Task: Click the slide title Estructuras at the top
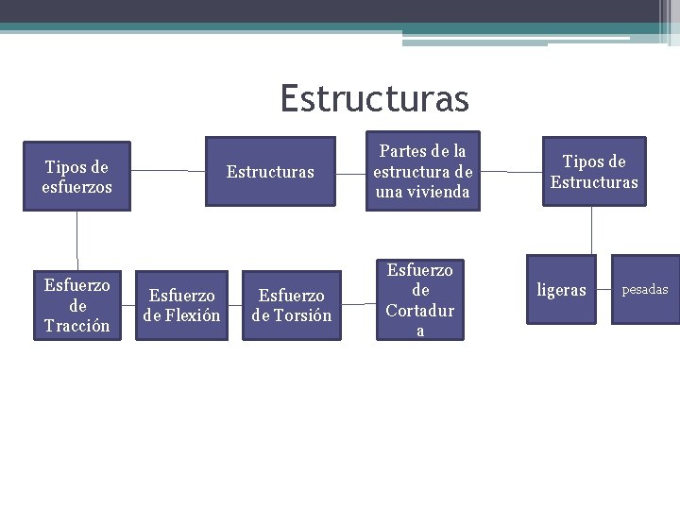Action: tap(374, 97)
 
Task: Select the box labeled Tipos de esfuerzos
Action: tap(76, 177)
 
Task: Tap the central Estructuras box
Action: tap(270, 172)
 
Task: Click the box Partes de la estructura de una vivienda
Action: tap(422, 171)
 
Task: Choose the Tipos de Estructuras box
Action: tap(594, 172)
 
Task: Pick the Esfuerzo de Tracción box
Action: tap(77, 305)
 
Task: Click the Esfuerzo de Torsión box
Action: tap(291, 305)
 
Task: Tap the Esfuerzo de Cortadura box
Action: tap(420, 300)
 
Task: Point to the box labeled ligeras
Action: tap(561, 290)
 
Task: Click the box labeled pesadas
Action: tap(645, 289)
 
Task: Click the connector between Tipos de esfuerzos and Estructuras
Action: tap(167, 171)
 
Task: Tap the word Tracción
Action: tap(76, 326)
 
